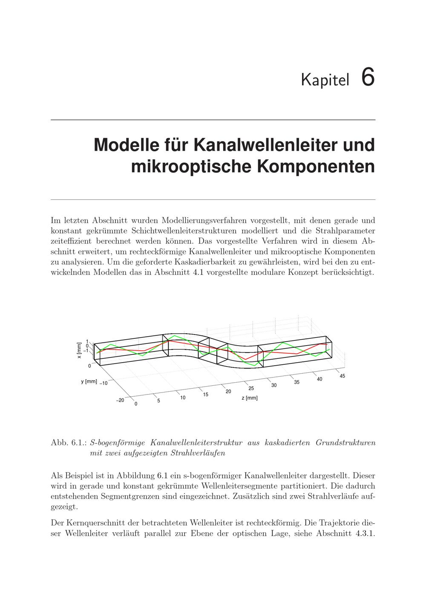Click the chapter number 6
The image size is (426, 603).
click(368, 78)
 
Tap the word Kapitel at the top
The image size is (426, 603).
click(325, 80)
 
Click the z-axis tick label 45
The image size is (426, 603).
click(342, 375)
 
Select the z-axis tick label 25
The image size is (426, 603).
click(251, 388)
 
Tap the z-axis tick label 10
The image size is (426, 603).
click(183, 398)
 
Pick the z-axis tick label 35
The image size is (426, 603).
click(296, 382)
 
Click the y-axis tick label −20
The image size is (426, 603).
click(120, 400)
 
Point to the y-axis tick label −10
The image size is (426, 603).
click(104, 383)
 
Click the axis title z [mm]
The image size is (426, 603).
click(250, 398)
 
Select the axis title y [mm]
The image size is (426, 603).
click(89, 381)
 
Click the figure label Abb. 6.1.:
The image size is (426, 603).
click(69, 443)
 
